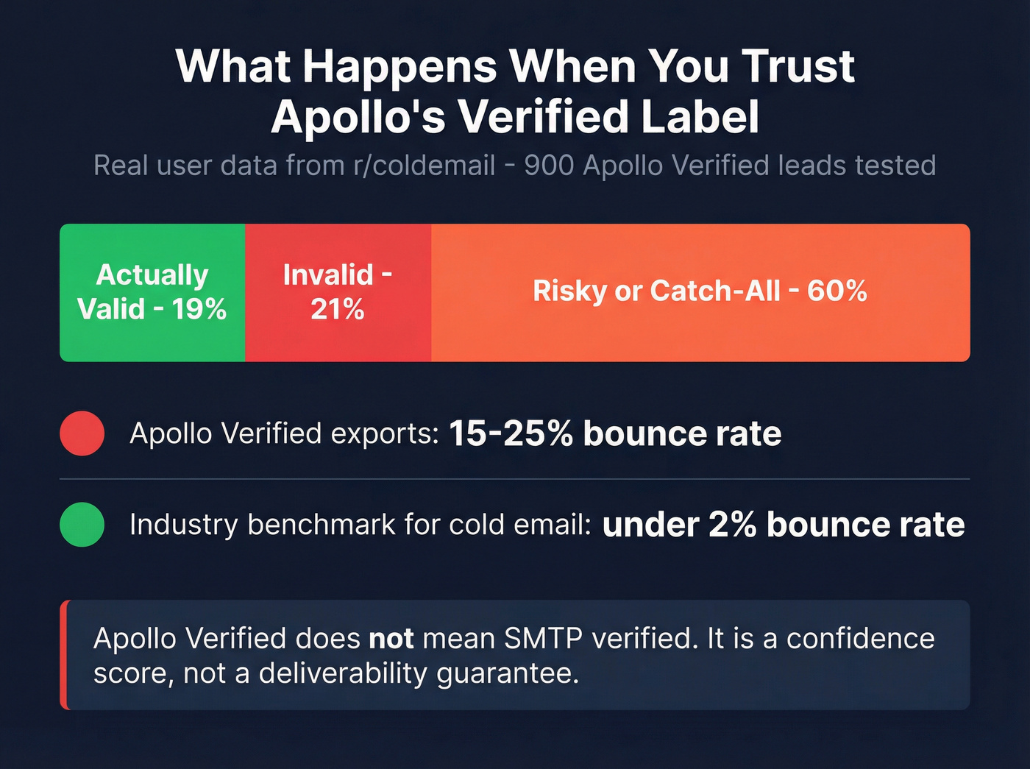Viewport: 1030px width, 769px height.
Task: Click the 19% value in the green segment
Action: [x=199, y=309]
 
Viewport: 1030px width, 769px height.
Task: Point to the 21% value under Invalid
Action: [x=338, y=310]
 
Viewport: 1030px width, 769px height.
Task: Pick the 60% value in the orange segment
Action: [x=837, y=291]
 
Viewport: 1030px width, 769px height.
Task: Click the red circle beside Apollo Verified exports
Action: [x=82, y=433]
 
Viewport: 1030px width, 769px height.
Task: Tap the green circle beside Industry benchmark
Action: [x=82, y=525]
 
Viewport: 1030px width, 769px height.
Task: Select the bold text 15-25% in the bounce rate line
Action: [x=511, y=433]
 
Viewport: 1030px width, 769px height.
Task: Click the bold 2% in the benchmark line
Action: [x=732, y=525]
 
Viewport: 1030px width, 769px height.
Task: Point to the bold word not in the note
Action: [x=391, y=638]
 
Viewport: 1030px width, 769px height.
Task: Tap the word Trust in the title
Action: [x=798, y=66]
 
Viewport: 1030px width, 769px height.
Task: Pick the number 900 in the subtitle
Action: [x=549, y=166]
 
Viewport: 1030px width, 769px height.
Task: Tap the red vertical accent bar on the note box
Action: [x=65, y=655]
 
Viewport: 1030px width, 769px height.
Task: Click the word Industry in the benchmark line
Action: [x=183, y=525]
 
